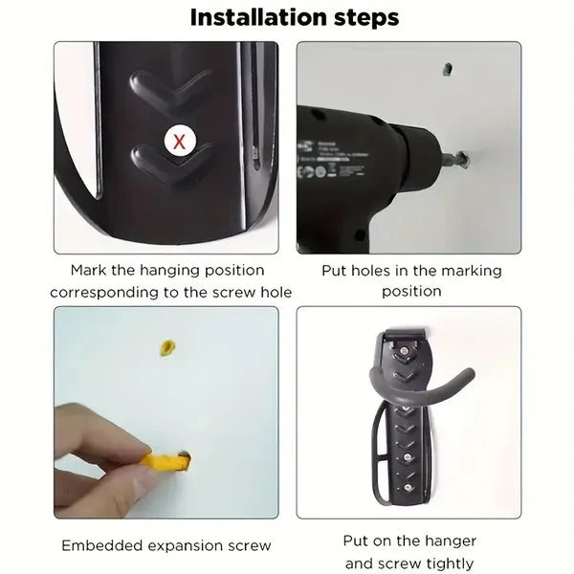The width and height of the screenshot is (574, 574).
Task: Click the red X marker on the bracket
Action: pyautogui.click(x=178, y=142)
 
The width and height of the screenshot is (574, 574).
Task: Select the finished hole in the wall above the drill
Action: pyautogui.click(x=448, y=69)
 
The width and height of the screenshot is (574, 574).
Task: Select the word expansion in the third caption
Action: pyautogui.click(x=196, y=546)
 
